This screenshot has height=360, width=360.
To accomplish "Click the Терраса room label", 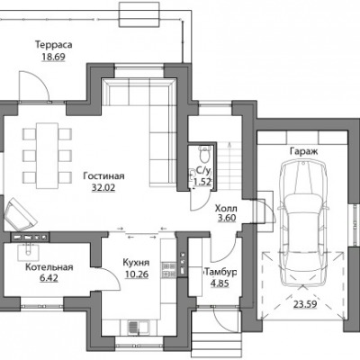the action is pyautogui.click(x=54, y=45).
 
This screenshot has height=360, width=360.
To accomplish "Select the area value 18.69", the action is pyautogui.click(x=54, y=57).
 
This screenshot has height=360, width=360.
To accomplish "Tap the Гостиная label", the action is pyautogui.click(x=103, y=175).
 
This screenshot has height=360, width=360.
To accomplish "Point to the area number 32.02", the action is pyautogui.click(x=103, y=188).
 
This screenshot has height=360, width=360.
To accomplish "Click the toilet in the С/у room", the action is pyautogui.click(x=205, y=154).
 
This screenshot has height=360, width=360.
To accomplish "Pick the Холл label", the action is pyautogui.click(x=226, y=208).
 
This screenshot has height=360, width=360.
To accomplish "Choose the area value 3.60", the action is pyautogui.click(x=227, y=218).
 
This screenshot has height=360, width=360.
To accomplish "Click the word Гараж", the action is pyautogui.click(x=303, y=151).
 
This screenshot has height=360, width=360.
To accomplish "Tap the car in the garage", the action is pyautogui.click(x=303, y=223).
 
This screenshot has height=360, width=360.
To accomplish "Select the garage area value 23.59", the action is pyautogui.click(x=305, y=304).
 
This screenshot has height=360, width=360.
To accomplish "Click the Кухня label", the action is pyautogui.click(x=136, y=263).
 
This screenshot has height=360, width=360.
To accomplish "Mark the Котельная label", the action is pyautogui.click(x=49, y=267).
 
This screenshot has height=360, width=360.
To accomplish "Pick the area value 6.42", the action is pyautogui.click(x=49, y=278).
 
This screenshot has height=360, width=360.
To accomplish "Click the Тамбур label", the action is pyautogui.click(x=220, y=272).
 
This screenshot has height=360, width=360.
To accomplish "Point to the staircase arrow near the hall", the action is pyautogui.click(x=229, y=166).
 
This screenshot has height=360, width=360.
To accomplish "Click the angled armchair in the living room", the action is pyautogui.click(x=21, y=214).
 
